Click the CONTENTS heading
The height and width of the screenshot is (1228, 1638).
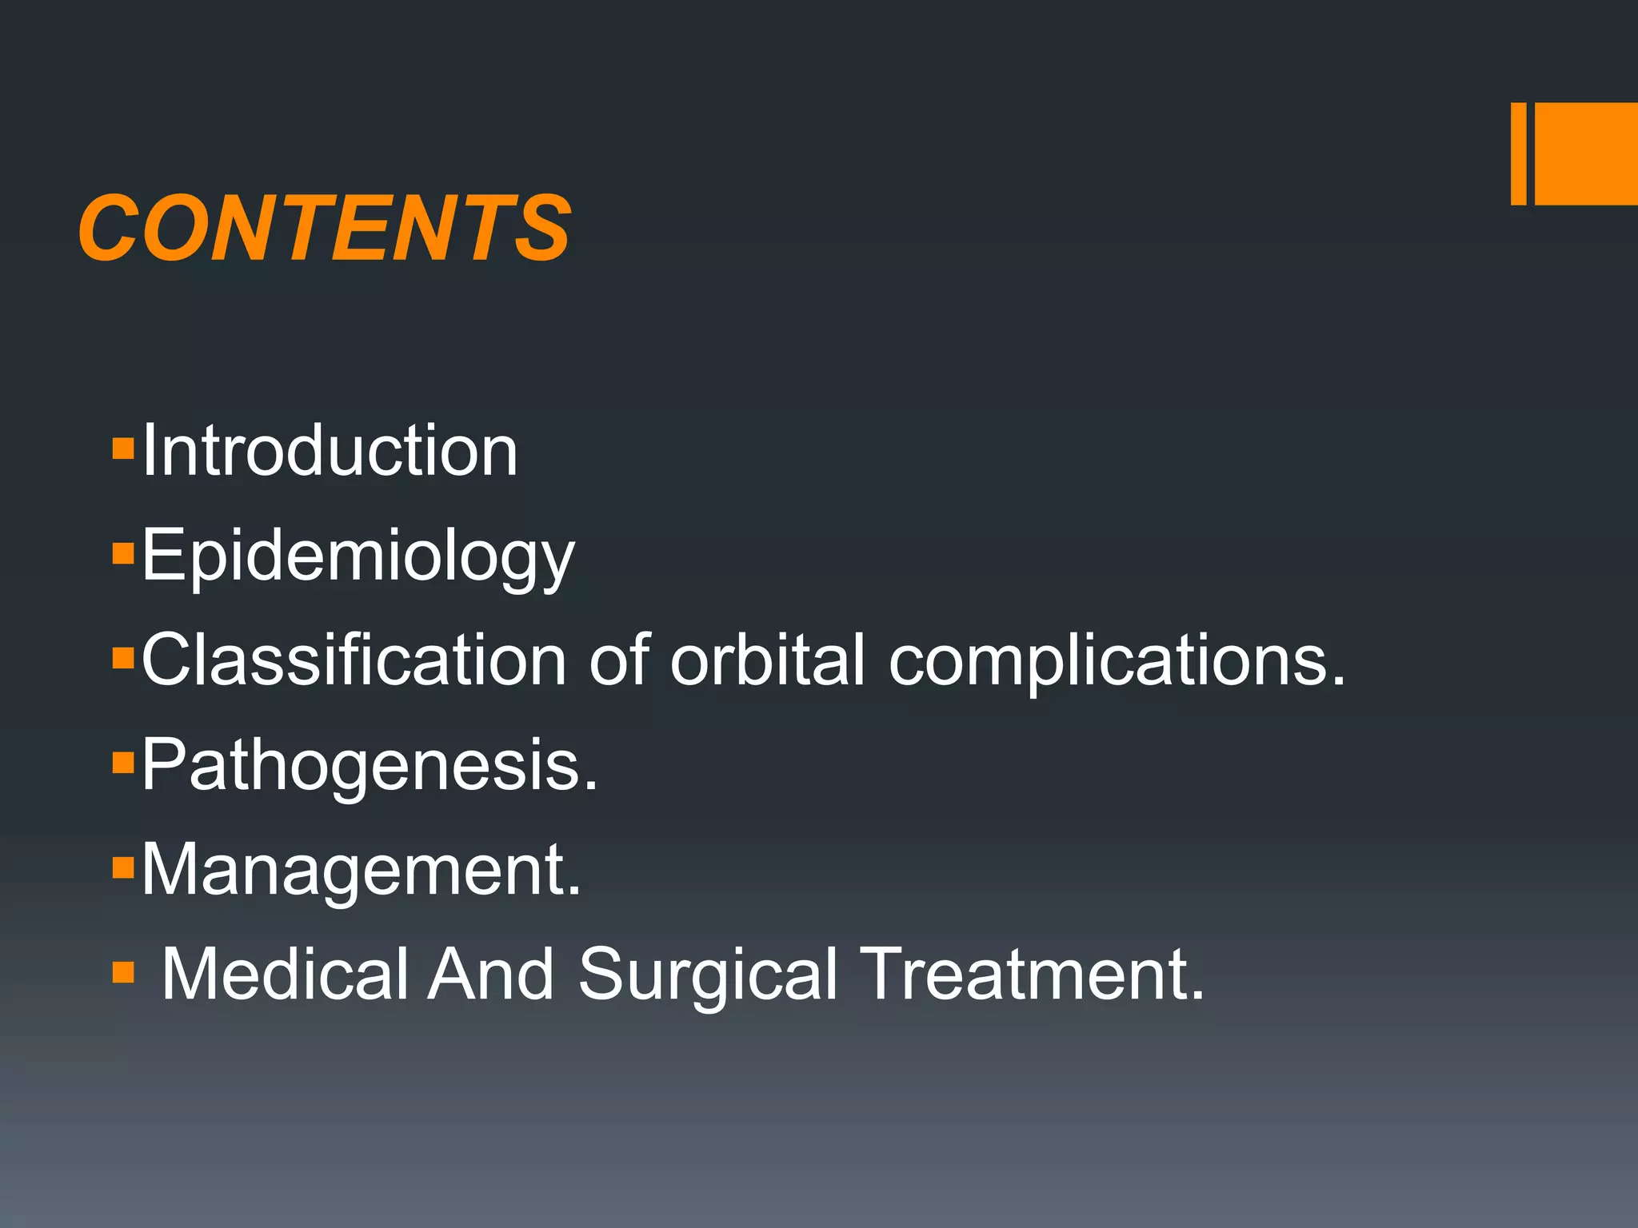325,229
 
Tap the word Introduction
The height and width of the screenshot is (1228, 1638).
330,451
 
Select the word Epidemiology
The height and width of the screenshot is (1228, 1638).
358,556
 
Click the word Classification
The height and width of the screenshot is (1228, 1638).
354,660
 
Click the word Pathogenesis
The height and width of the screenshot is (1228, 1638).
368,766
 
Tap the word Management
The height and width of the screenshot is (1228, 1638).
360,870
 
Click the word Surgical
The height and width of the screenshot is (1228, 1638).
708,975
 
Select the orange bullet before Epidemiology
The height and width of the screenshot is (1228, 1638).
123,553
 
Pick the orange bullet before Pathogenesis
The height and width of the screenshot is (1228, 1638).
123,763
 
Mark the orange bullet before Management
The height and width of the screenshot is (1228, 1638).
123,867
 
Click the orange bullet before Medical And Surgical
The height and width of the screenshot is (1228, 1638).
123,971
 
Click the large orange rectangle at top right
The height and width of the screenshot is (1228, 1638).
1586,153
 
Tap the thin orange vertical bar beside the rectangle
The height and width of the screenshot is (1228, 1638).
1518,153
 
